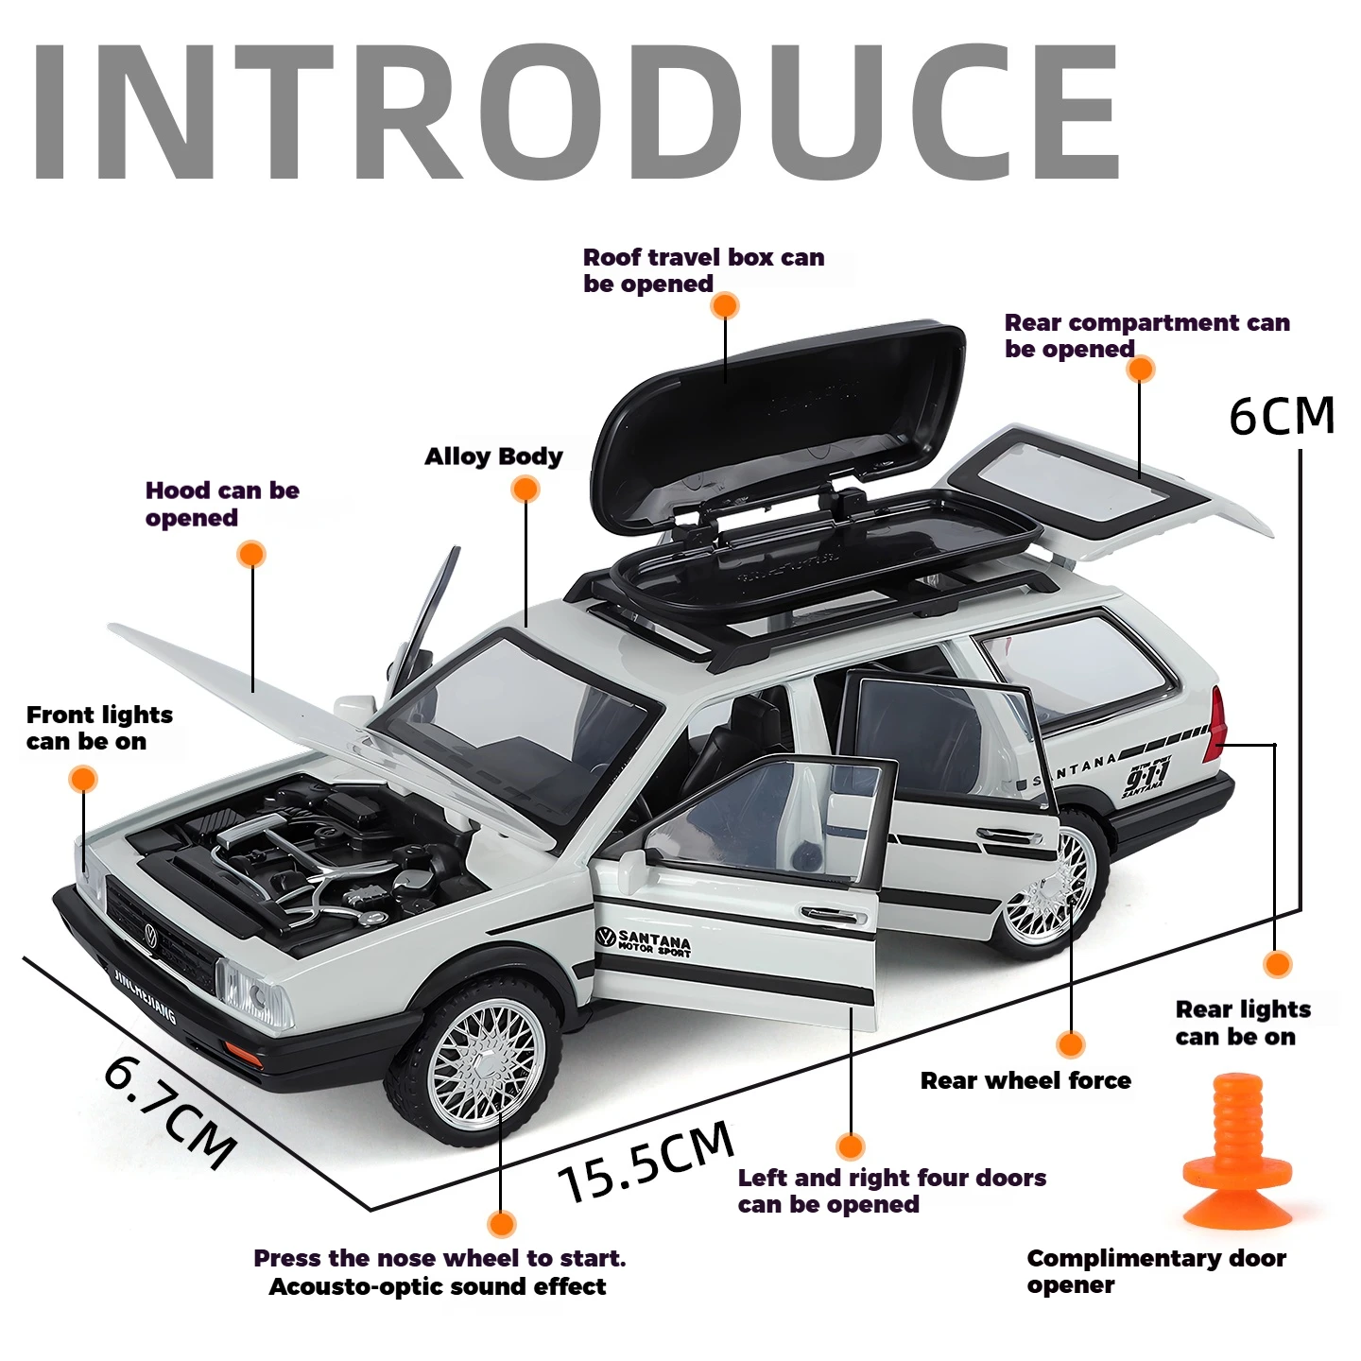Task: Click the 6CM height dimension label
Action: [x=1282, y=416]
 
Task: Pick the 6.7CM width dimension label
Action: [x=170, y=1111]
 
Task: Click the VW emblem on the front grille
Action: [x=149, y=936]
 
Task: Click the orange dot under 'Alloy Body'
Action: [x=525, y=489]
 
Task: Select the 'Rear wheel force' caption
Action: [x=1025, y=1080]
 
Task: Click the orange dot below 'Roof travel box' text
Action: [x=725, y=305]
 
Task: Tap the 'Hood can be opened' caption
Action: [x=222, y=504]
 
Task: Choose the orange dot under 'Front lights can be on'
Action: [x=83, y=779]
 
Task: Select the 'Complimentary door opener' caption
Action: [x=1156, y=1271]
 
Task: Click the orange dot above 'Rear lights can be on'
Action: [x=1277, y=964]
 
